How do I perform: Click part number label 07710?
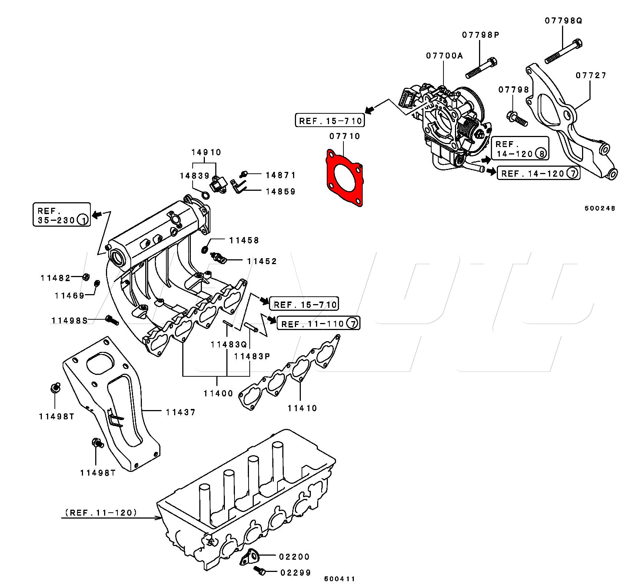click(345, 136)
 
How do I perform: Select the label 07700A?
click(444, 56)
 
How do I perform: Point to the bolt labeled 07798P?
click(481, 69)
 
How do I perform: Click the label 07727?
click(591, 76)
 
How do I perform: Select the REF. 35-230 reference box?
click(62, 215)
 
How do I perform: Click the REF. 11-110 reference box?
click(318, 323)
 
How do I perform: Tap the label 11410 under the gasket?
click(302, 408)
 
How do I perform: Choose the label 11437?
click(180, 412)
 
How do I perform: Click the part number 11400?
click(218, 393)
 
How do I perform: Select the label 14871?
click(280, 175)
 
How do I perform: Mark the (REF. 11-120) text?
click(101, 513)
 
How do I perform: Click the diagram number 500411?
click(339, 579)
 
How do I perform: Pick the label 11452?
click(262, 261)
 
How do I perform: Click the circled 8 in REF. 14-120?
click(541, 154)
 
